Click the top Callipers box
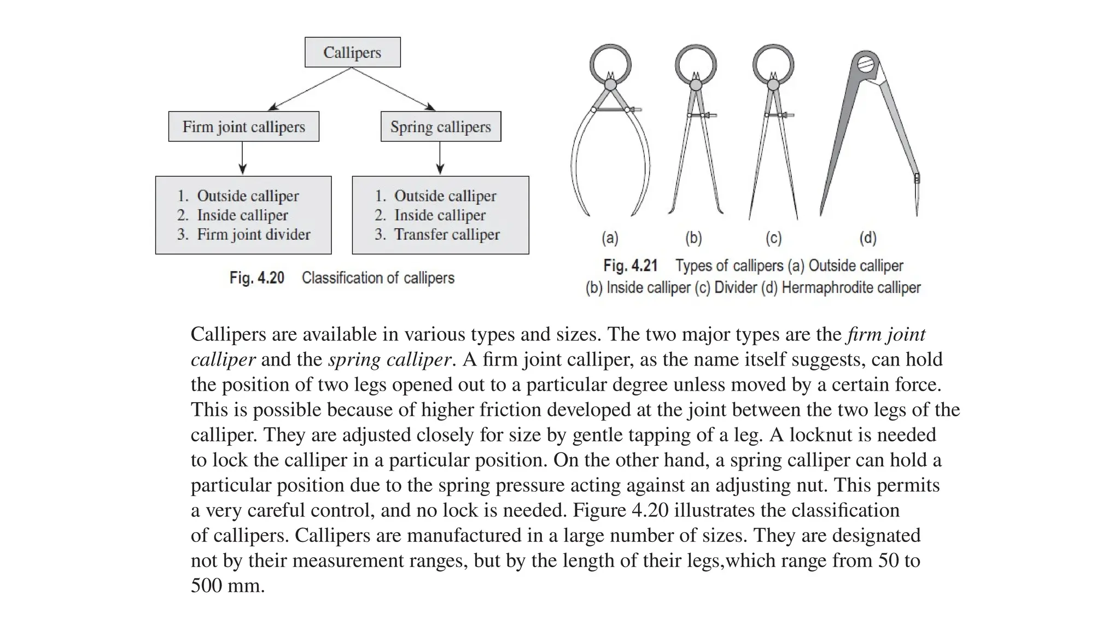[352, 52]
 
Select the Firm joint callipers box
[243, 127]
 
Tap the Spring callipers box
[441, 127]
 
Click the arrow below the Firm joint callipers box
[243, 158]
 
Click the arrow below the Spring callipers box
[440, 158]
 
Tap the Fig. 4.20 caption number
[256, 278]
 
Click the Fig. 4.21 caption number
[630, 266]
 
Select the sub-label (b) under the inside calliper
[693, 238]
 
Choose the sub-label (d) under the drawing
[868, 238]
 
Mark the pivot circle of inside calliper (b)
[696, 85]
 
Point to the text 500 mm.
[227, 586]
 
